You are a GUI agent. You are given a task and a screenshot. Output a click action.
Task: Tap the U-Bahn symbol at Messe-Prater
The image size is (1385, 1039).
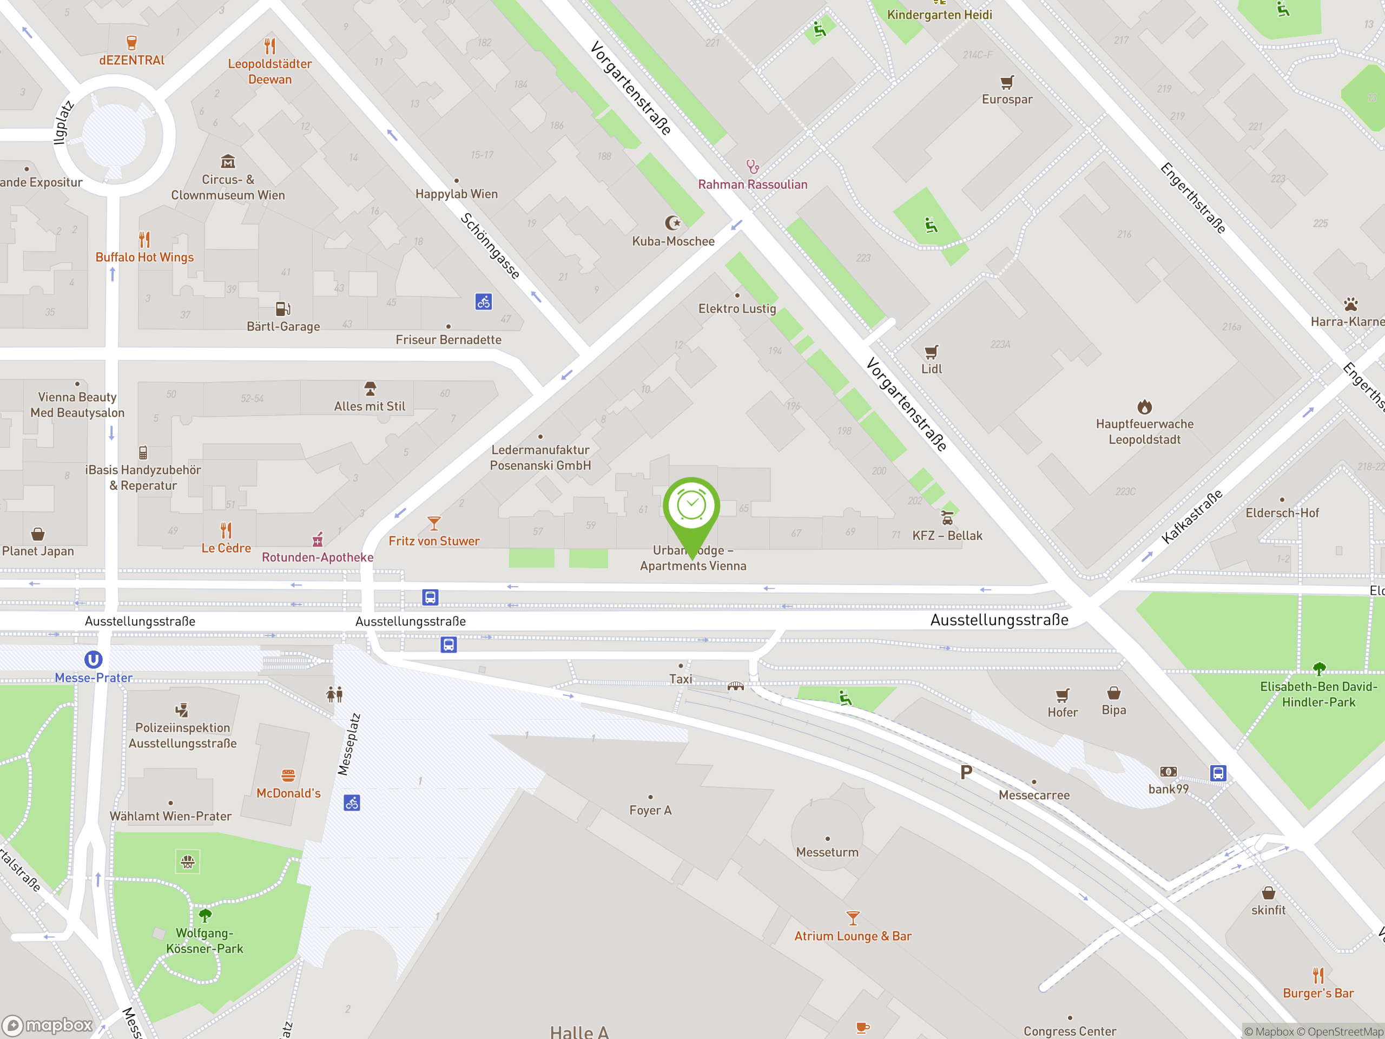(x=93, y=659)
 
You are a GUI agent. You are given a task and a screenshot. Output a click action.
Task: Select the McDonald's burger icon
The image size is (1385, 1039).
(x=288, y=775)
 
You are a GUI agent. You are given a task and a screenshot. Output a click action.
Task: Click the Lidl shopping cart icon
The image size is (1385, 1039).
(x=931, y=352)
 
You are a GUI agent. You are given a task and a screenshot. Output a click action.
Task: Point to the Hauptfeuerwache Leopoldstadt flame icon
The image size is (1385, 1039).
(x=1145, y=407)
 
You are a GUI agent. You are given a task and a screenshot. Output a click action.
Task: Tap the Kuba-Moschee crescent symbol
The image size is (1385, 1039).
(x=672, y=223)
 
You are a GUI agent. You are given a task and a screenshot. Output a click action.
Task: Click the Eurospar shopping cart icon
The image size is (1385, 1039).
(x=1007, y=82)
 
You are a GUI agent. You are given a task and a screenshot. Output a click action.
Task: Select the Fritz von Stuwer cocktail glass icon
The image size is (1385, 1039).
(x=434, y=523)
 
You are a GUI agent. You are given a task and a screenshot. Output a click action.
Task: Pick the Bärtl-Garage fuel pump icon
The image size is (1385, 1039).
(x=283, y=309)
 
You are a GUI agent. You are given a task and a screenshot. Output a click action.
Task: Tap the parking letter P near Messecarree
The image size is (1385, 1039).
(x=966, y=773)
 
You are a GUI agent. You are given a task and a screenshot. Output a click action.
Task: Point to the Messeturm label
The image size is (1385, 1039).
(x=827, y=852)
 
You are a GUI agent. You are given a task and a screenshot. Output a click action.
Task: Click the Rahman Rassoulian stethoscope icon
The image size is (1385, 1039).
(x=753, y=167)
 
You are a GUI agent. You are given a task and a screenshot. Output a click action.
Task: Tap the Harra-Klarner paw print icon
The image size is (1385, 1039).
(x=1350, y=304)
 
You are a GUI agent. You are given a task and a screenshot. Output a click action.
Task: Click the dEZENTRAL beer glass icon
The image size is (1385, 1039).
(x=131, y=43)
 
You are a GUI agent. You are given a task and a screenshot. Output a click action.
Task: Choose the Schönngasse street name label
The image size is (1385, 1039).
(x=490, y=246)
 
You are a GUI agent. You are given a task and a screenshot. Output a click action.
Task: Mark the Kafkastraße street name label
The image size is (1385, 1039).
(x=1191, y=517)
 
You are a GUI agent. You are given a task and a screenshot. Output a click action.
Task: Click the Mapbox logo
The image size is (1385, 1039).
(x=48, y=1025)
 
